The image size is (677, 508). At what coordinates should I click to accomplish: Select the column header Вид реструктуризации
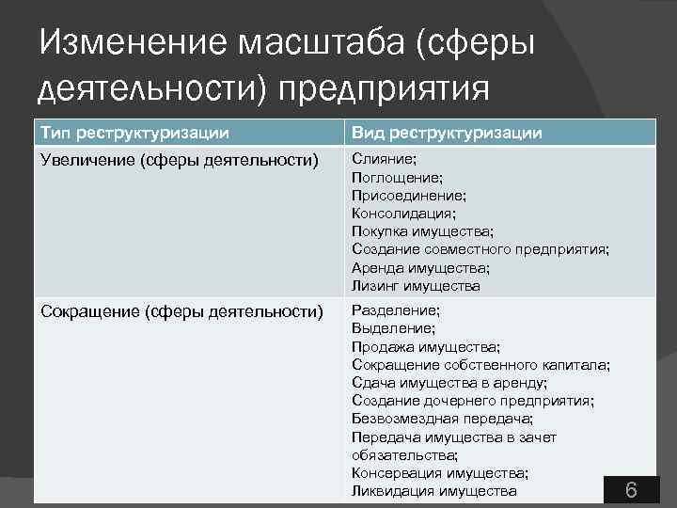[447, 132]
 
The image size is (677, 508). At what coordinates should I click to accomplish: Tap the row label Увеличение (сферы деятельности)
[179, 160]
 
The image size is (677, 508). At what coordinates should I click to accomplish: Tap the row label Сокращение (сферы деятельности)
[181, 311]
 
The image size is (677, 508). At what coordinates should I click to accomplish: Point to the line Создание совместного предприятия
[480, 249]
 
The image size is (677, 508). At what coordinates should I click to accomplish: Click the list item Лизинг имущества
[416, 286]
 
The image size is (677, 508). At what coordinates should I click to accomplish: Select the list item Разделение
[396, 310]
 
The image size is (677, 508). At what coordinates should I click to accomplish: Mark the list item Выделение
[393, 328]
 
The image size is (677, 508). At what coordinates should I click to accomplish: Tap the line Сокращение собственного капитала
[480, 364]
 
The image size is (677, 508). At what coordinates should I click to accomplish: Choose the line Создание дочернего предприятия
[472, 401]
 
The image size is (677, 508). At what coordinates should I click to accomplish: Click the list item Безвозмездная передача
[442, 419]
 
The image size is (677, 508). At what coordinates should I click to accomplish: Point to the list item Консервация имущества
[439, 473]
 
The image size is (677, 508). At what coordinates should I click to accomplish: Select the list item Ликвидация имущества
[433, 491]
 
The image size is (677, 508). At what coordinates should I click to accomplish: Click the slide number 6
[631, 490]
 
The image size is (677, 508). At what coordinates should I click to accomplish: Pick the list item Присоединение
[409, 195]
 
